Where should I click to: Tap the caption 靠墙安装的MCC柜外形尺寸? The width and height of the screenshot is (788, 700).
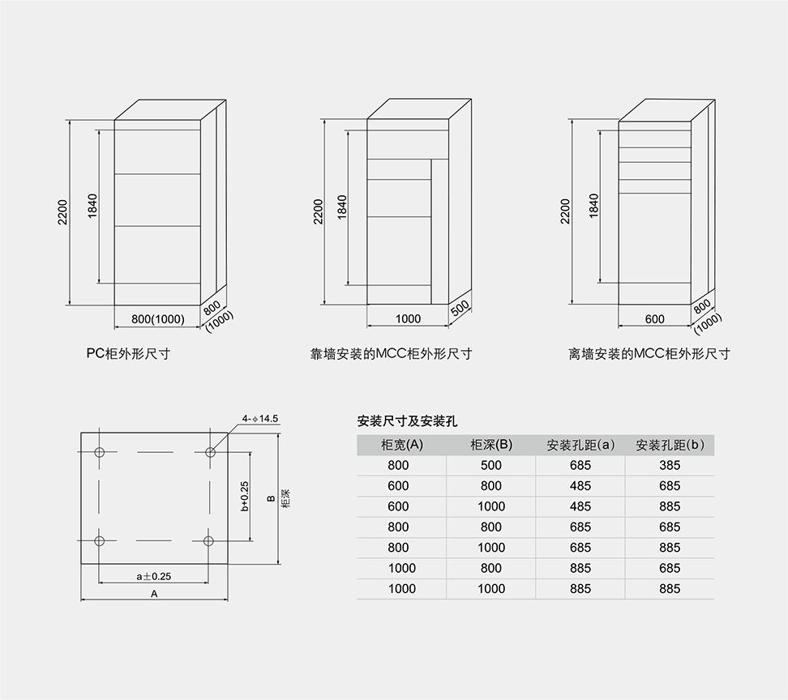click(392, 353)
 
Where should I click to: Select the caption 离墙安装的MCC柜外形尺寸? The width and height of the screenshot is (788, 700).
click(649, 353)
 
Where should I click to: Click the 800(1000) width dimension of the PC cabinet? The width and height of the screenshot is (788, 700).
click(158, 319)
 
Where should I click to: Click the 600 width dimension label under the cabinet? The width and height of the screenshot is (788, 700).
click(655, 319)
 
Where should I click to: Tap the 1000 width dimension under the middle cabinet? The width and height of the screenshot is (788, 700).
click(408, 319)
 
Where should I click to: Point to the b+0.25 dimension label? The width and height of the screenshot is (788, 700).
click(245, 496)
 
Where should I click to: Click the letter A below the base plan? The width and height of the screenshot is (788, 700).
click(154, 594)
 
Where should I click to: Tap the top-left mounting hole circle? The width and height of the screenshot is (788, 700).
click(100, 451)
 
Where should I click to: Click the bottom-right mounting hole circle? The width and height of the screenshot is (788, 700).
click(209, 540)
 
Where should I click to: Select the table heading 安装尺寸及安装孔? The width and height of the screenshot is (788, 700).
click(408, 421)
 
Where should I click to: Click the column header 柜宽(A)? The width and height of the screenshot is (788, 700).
click(401, 445)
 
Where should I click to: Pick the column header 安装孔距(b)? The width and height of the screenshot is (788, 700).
click(670, 445)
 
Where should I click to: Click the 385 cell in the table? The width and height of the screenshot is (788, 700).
click(670, 465)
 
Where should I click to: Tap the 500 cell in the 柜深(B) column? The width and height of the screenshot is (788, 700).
click(491, 465)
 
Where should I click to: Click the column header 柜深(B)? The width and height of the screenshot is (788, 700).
click(491, 445)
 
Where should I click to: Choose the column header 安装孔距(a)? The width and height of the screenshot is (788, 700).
click(580, 445)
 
